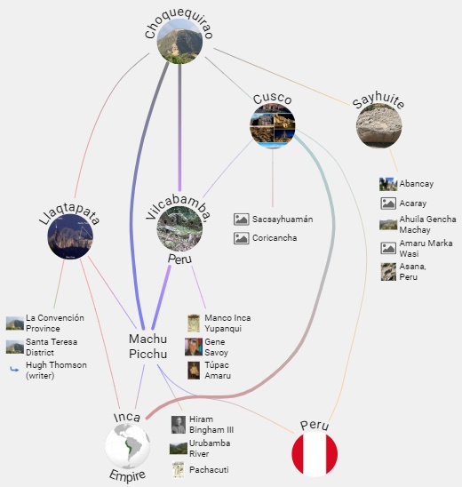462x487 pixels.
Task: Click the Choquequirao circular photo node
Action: [179, 41]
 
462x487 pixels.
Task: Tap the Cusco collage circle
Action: [273, 126]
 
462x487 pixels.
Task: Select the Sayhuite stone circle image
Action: [378, 125]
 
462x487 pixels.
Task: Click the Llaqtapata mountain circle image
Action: [70, 236]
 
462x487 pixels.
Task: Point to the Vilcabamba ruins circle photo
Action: [179, 229]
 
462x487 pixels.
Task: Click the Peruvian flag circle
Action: [315, 454]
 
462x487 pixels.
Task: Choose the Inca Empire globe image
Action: [128, 446]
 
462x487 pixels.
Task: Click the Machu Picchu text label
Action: [148, 347]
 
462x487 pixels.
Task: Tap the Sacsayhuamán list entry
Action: [274, 220]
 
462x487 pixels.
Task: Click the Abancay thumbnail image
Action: [388, 184]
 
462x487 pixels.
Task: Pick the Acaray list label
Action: [412, 204]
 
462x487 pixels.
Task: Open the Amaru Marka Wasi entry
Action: [417, 248]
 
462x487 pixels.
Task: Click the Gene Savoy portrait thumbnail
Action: [194, 347]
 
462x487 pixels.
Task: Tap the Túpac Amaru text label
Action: [218, 371]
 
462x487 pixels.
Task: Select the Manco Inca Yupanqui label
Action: [227, 323]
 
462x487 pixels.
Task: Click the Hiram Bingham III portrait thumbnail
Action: [179, 425]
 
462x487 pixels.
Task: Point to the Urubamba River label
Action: [210, 448]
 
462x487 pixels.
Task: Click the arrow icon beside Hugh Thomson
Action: [14, 370]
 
